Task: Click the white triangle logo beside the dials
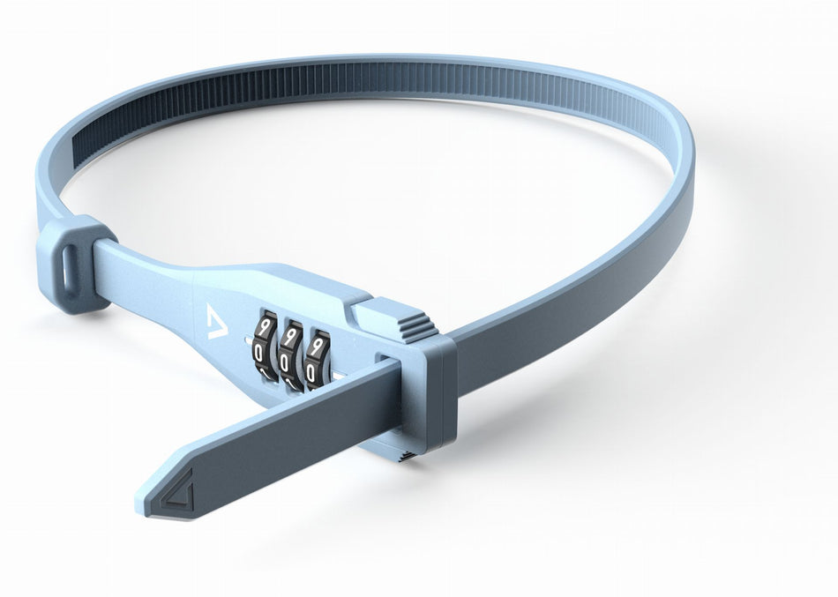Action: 216,321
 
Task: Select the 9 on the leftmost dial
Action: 264,327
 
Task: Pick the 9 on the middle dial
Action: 291,336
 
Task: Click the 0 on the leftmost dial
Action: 259,354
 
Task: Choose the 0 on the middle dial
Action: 285,363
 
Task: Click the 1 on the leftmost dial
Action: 262,375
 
